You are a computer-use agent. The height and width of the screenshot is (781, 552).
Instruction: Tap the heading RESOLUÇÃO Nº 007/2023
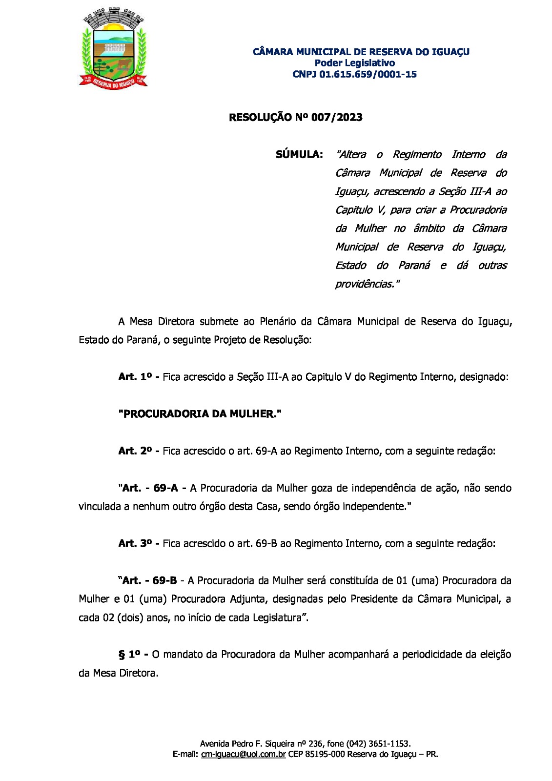click(x=295, y=118)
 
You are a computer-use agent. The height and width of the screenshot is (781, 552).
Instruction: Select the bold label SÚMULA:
click(x=299, y=155)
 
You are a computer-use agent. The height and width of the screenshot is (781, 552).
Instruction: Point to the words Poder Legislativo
click(x=354, y=63)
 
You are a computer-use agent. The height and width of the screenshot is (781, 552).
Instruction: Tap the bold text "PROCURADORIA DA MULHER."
click(x=200, y=414)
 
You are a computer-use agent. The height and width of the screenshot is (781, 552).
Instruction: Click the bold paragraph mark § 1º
click(x=131, y=655)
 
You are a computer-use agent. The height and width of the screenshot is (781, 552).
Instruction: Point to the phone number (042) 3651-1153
click(x=378, y=744)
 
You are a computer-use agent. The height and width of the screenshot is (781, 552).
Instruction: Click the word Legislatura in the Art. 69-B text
click(x=278, y=617)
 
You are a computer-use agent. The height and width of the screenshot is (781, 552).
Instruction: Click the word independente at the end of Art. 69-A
click(x=374, y=507)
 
